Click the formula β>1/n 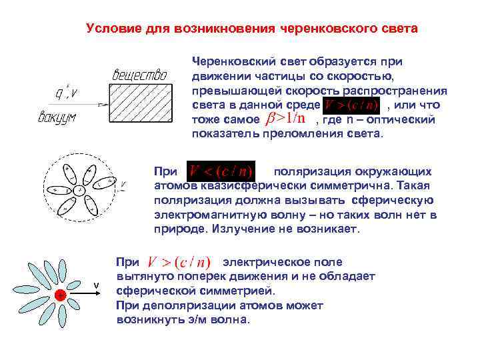286,119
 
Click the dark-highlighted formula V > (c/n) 351,105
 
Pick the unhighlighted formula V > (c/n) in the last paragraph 178,263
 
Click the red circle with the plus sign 60,295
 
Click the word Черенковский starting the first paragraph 232,61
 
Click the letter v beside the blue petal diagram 96,286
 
